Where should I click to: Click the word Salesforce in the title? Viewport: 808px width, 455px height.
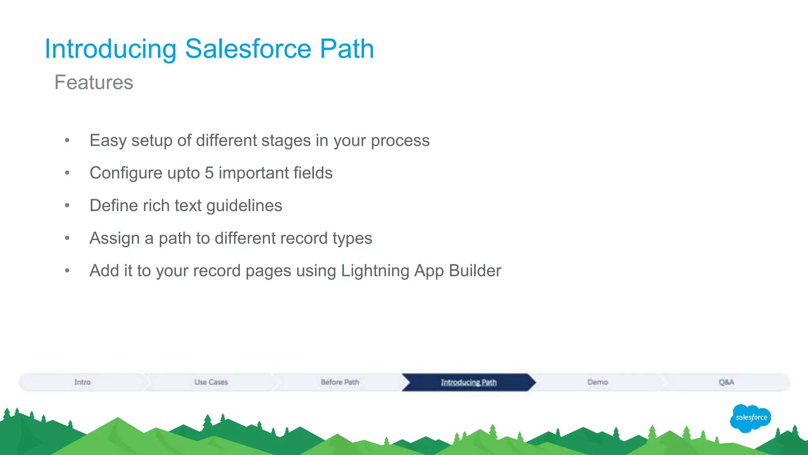[248, 49]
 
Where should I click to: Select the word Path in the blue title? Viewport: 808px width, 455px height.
[346, 49]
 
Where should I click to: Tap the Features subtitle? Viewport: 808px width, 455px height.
[94, 83]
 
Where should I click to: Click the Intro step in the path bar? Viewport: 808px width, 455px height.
[82, 382]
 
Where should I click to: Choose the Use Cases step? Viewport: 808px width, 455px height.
[211, 382]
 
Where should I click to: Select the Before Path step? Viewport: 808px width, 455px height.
[340, 382]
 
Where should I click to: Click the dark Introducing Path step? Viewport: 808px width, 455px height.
[468, 382]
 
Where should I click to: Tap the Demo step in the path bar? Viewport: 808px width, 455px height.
[597, 382]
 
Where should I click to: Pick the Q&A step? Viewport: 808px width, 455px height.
[726, 382]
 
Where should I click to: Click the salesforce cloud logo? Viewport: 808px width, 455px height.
[750, 418]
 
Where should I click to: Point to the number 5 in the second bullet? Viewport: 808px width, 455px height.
[209, 173]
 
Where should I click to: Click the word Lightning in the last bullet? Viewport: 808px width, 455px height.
[375, 271]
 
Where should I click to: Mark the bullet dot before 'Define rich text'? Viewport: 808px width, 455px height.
[67, 205]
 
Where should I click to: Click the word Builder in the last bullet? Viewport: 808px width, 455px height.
[475, 271]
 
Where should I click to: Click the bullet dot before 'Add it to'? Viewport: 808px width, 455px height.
[67, 271]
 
